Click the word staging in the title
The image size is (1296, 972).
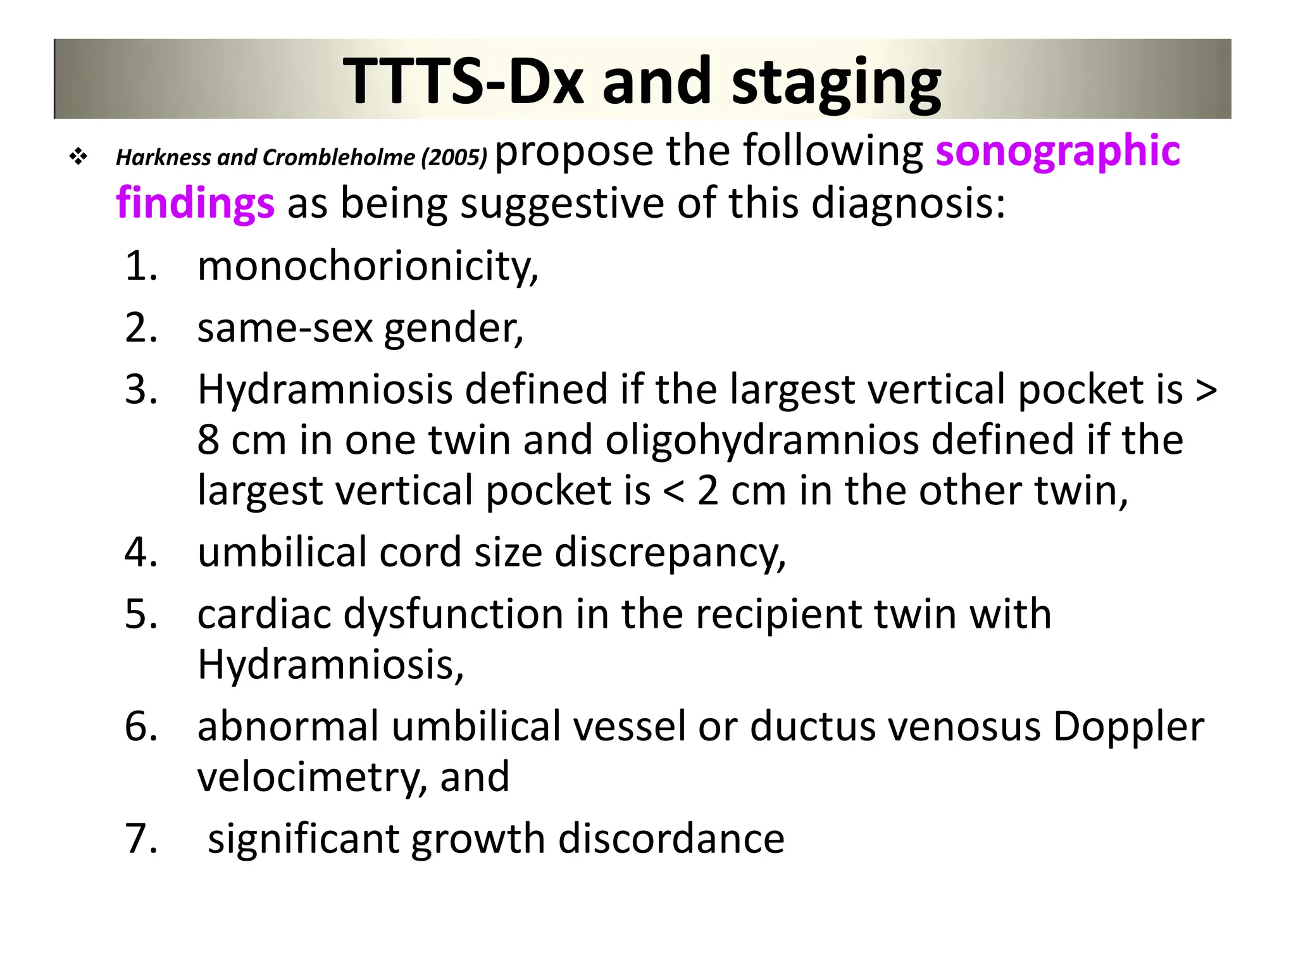click(836, 83)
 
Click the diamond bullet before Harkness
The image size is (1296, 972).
click(78, 156)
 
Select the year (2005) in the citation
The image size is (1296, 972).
click(454, 157)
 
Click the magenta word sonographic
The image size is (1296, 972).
click(1057, 152)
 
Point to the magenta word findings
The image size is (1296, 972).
click(195, 204)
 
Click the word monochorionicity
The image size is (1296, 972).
click(367, 266)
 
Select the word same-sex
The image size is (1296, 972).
click(285, 329)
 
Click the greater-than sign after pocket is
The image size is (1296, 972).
click(1206, 390)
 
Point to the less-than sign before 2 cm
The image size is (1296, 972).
click(673, 491)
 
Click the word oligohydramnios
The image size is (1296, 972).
click(761, 440)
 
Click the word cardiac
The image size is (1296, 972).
click(264, 614)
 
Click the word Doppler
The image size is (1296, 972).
click(1128, 726)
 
